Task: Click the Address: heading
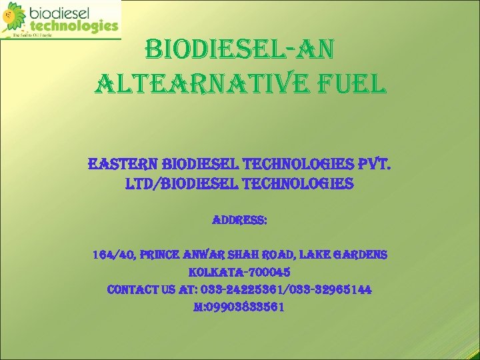[240, 219]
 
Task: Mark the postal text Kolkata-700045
[240, 273]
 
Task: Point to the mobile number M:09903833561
[240, 307]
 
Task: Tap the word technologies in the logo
[73, 27]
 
